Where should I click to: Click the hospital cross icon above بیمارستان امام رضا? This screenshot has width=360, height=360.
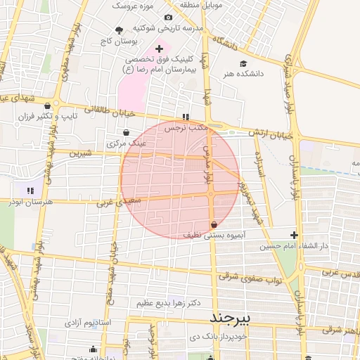point(160,49)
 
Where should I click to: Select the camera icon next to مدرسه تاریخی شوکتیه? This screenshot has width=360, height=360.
point(168,18)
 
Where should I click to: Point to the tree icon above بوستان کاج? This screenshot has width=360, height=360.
point(117,30)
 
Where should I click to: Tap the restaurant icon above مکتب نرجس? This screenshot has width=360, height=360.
point(186,117)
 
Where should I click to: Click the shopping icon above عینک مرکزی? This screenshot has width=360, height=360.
point(126,132)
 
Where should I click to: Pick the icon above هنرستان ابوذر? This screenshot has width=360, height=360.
point(30,191)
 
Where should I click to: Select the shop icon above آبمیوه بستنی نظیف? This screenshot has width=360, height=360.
point(213,224)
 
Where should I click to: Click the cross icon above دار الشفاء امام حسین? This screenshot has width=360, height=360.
point(294,235)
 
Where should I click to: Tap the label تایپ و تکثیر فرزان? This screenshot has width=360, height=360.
point(86,114)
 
